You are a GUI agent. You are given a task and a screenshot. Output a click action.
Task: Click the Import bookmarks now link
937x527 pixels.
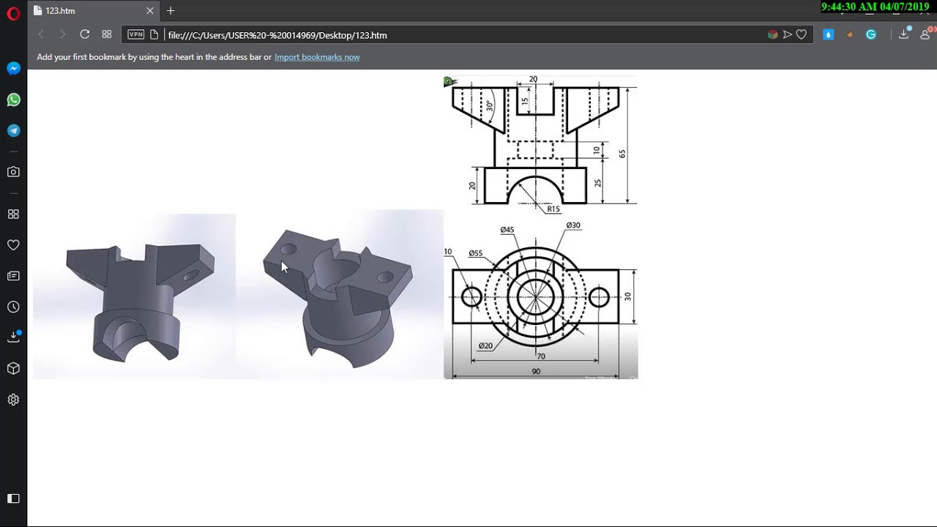[316, 57]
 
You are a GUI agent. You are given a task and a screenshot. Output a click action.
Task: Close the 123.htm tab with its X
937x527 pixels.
[150, 11]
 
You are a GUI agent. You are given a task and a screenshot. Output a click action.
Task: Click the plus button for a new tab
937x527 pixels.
[171, 11]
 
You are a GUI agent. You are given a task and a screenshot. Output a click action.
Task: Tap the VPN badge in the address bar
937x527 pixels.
[136, 34]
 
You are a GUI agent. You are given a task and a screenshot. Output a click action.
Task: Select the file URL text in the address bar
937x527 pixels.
[277, 35]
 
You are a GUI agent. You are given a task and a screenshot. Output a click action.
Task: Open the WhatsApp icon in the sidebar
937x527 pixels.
[13, 100]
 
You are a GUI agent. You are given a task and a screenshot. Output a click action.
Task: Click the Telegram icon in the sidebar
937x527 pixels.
[13, 131]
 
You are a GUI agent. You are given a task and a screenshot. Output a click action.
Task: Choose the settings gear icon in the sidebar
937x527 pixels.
[13, 400]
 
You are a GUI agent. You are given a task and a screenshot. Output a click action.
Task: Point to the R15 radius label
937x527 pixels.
[553, 209]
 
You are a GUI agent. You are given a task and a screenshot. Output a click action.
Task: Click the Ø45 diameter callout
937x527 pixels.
[507, 230]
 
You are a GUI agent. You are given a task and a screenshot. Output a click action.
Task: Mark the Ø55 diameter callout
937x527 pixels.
[475, 253]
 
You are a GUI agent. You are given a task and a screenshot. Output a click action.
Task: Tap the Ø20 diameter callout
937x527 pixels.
[485, 345]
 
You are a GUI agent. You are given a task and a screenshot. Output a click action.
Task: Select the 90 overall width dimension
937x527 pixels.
[536, 372]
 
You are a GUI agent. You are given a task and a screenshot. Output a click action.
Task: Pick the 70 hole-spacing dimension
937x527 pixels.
[540, 356]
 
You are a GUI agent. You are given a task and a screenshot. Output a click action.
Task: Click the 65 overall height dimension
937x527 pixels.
[622, 154]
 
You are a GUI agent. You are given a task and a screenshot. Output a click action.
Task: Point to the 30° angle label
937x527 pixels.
[490, 105]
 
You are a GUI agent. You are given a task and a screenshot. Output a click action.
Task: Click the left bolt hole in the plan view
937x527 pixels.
[471, 296]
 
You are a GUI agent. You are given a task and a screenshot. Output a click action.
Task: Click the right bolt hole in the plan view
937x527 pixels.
[599, 296]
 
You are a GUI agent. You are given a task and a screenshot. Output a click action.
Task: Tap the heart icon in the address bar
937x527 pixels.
[802, 34]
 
